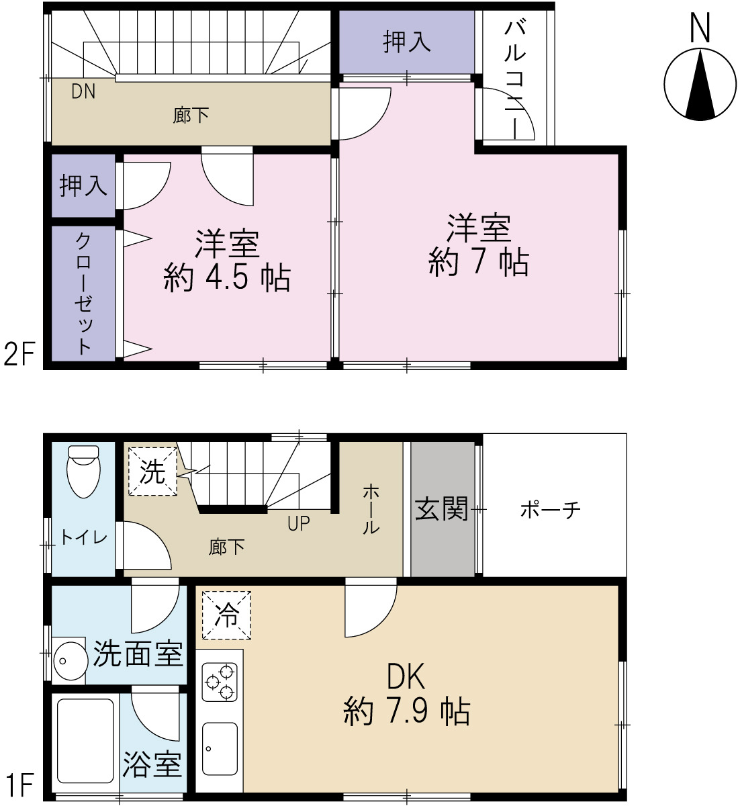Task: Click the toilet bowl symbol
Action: point(83,471)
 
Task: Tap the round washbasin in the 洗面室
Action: point(71,660)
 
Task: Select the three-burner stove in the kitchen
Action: point(220,682)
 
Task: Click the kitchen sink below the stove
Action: point(220,748)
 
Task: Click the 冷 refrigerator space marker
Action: point(226,615)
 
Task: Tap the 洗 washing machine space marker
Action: point(152,472)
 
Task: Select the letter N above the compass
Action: point(700,28)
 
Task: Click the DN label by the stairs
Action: point(83,91)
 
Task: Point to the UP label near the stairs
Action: point(299,523)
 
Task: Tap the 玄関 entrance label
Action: point(441,508)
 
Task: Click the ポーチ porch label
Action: point(551,510)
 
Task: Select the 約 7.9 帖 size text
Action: point(406,711)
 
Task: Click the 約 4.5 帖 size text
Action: point(227,277)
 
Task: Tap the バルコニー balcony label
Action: point(514,80)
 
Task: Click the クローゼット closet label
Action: point(83,294)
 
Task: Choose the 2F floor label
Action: point(20,353)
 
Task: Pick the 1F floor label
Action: point(20,785)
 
